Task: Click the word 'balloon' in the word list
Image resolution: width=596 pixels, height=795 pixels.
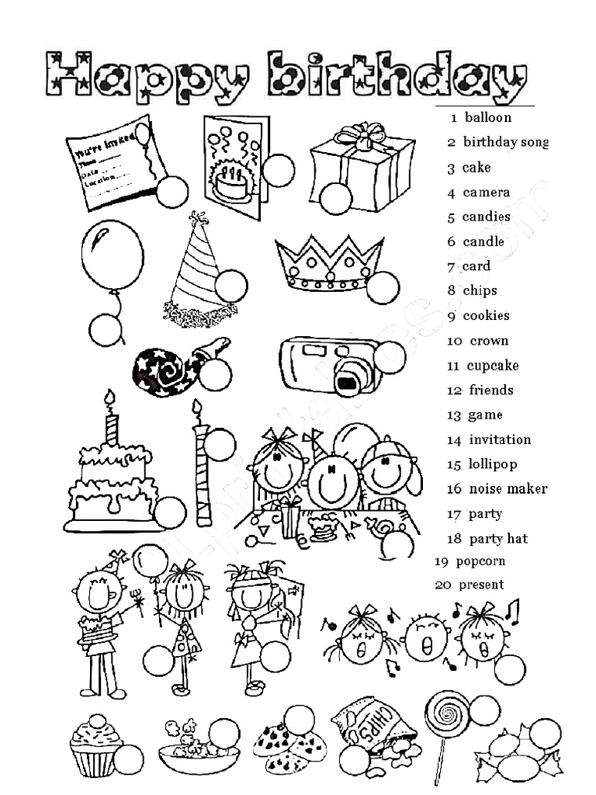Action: (488, 118)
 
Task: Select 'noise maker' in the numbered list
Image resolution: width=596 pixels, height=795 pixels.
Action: (508, 489)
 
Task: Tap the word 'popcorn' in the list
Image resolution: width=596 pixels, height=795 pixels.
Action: (480, 561)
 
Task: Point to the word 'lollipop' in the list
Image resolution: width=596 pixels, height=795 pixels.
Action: (492, 464)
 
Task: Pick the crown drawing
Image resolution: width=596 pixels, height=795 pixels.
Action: (329, 261)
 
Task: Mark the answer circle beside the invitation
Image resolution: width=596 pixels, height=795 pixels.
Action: (172, 192)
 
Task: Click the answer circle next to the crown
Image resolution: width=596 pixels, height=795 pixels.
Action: (382, 288)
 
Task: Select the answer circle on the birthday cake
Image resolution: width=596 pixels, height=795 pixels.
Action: (169, 512)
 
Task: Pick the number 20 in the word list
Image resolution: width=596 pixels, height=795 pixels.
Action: (442, 585)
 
